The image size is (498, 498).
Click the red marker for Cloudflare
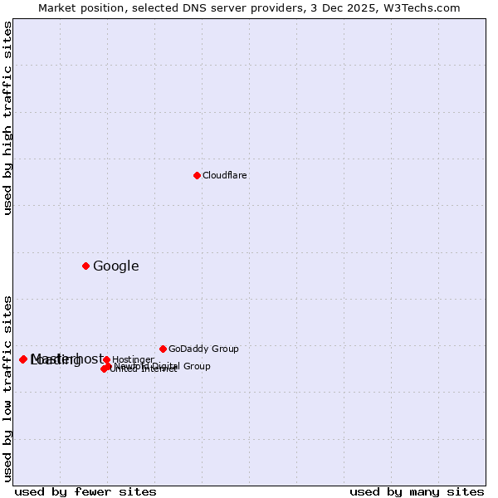197,175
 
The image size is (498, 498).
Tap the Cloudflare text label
225,175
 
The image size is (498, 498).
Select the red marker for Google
85,266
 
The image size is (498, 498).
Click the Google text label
116,266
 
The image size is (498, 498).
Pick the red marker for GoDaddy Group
163,349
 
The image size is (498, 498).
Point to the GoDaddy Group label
203,349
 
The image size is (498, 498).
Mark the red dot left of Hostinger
107,359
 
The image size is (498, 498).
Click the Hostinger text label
134,359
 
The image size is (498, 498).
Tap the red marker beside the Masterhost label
23,359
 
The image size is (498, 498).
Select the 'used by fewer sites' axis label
85,491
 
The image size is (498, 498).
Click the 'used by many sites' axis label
417,491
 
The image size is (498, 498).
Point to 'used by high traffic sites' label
7,118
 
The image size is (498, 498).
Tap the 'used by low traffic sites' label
7,388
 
